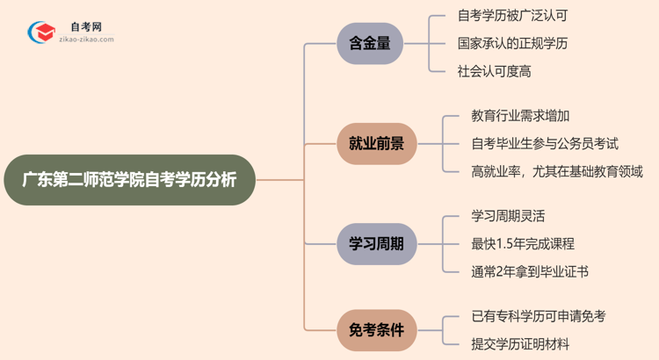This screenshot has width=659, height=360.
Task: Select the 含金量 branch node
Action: (370, 43)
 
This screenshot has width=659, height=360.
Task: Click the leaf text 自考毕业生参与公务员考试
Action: (545, 143)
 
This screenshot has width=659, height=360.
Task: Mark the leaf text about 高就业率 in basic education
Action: (557, 170)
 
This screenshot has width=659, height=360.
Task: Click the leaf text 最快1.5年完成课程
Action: (522, 243)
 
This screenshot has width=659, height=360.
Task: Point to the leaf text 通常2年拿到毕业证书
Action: (529, 271)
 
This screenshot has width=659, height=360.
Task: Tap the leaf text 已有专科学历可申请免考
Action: (538, 316)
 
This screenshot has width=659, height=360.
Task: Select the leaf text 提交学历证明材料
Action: (519, 343)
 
